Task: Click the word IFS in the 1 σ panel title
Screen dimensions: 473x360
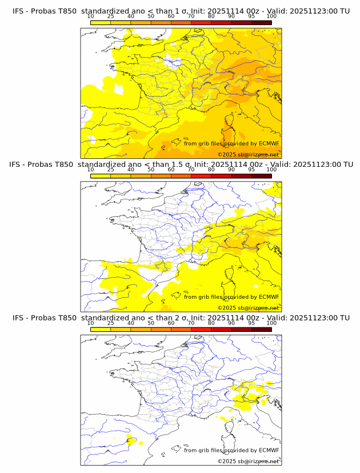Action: pos(18,11)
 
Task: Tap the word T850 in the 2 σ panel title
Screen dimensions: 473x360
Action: pos(66,318)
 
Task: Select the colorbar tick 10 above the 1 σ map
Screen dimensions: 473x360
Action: pos(90,17)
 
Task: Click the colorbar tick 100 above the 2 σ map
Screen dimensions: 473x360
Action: pos(271,323)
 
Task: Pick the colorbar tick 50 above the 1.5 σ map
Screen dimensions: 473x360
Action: pos(151,170)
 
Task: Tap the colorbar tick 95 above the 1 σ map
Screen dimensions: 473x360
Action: pos(251,17)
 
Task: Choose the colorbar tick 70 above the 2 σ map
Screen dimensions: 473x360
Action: pos(191,323)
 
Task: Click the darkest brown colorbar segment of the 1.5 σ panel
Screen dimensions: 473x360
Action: pos(261,175)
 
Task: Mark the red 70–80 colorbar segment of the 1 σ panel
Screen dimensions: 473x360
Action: pos(201,22)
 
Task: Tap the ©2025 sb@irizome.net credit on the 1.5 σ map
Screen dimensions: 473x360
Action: pos(249,308)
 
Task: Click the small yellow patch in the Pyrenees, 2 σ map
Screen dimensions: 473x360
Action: pos(131,440)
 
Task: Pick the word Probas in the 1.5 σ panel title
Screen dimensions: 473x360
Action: pos(43,165)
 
